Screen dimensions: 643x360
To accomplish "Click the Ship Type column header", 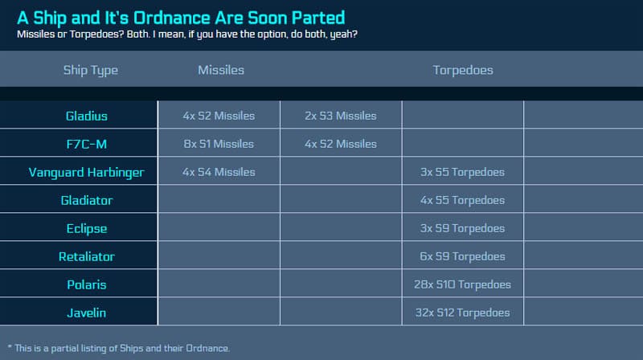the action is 91,71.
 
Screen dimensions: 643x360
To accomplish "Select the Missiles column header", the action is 221,70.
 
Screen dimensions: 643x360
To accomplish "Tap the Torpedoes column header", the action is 463,70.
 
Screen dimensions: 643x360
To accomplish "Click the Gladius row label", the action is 87,116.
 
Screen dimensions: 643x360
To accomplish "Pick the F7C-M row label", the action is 87,144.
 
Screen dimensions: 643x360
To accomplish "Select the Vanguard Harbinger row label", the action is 87,173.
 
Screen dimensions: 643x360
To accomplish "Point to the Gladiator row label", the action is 87,201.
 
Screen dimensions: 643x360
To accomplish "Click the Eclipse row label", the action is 87,229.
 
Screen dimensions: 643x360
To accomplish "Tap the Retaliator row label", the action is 87,256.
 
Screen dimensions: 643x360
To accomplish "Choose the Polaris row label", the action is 87,284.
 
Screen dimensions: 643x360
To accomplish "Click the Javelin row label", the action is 87,313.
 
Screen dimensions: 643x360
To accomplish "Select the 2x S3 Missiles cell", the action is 340,116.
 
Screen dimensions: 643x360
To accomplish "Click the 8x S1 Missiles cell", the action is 219,144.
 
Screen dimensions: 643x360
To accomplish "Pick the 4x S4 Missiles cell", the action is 219,172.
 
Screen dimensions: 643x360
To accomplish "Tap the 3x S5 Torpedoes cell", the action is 462,172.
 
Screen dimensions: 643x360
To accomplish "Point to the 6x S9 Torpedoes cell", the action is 462,256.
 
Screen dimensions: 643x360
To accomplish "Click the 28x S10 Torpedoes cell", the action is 462,284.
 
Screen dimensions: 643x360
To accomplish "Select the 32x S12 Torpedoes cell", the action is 462,313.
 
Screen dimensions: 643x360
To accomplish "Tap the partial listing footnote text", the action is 119,349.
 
